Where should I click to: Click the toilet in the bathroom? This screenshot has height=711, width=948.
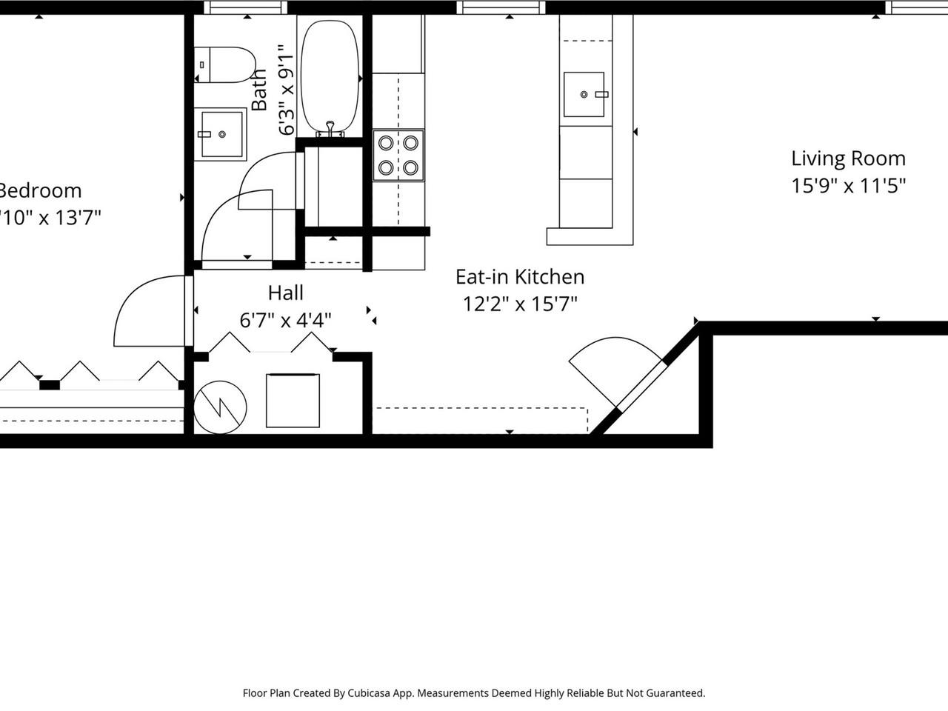225,65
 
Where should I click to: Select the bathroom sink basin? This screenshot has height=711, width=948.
221,134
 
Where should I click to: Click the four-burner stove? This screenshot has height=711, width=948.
398,156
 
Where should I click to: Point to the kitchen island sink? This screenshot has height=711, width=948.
584,95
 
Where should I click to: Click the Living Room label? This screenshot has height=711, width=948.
848,158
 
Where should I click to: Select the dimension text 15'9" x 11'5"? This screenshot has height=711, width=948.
848,185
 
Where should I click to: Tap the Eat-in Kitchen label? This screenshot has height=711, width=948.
520,277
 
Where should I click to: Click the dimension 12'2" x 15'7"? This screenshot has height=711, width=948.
520,304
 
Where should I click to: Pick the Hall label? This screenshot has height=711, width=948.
285,293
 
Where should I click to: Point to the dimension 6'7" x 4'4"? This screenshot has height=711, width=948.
285,320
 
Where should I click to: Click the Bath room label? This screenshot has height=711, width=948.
258,90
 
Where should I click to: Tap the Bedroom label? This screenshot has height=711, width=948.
41,190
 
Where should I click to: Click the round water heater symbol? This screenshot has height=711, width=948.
220,407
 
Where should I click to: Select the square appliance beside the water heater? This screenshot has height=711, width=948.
293,401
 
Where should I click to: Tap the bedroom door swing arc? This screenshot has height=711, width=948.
148,311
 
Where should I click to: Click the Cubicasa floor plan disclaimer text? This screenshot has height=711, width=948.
474,693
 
